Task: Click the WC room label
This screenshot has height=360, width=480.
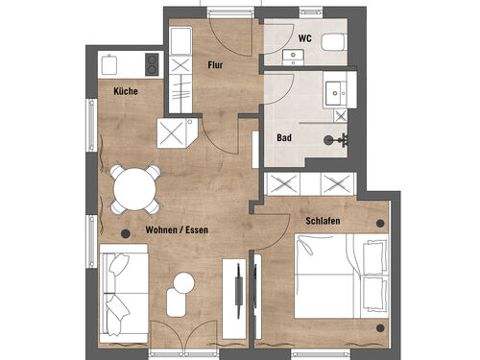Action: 304,38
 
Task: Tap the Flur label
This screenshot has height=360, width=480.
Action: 215,65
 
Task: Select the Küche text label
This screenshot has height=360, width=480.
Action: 126,91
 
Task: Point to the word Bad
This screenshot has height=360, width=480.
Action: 284,138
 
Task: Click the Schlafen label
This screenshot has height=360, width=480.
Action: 323,221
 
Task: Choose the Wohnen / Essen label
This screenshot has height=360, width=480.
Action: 177,229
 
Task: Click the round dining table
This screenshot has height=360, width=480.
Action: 134,189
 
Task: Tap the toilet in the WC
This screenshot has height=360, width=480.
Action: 334,42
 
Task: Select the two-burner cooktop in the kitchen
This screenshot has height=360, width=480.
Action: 152,64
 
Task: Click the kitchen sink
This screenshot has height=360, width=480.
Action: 109,64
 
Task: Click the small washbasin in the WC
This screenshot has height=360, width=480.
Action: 293,58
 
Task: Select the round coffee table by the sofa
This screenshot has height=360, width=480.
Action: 183,282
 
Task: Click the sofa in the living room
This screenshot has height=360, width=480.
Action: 124,294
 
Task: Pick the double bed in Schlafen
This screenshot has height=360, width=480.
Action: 342,276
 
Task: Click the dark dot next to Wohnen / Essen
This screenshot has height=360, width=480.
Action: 126,234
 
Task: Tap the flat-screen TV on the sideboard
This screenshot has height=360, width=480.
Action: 238,291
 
